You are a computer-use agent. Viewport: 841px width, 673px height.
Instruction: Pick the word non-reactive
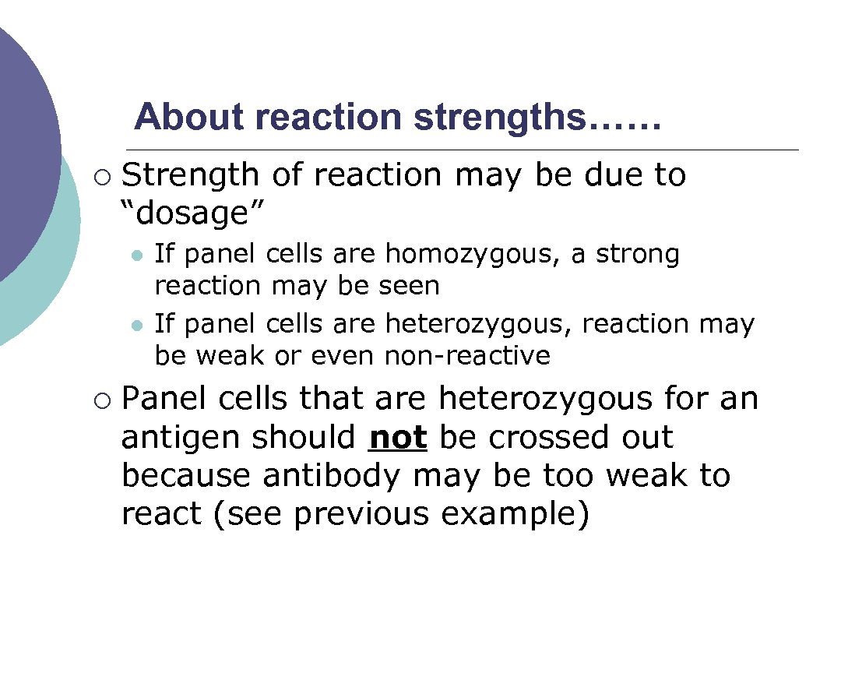pos(467,356)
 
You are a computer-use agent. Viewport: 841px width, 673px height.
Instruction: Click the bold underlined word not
pos(398,438)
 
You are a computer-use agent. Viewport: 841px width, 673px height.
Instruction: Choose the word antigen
pos(181,438)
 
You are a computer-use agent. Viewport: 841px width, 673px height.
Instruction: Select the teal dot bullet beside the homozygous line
pos(137,255)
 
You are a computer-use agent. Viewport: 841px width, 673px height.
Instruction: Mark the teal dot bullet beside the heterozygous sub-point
pos(137,325)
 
